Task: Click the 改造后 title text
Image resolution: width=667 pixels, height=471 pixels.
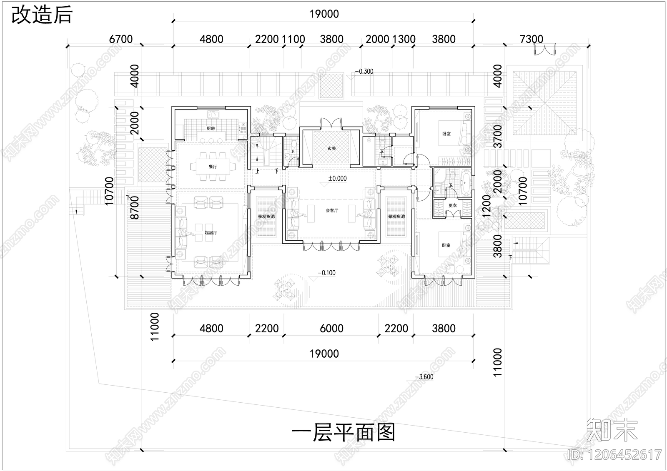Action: [42, 15]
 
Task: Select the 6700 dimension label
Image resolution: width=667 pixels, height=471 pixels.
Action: [120, 39]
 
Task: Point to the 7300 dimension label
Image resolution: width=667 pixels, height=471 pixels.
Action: [532, 39]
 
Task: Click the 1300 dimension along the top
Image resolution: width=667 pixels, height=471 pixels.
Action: [404, 39]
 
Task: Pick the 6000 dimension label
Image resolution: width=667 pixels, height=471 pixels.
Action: [331, 329]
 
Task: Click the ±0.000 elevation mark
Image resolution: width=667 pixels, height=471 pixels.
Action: [337, 178]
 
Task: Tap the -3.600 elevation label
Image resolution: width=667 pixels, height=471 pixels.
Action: [424, 377]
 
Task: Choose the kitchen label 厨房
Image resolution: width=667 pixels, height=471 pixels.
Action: [211, 129]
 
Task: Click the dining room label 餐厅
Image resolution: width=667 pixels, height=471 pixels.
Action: [213, 167]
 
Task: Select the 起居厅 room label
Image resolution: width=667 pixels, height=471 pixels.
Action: [211, 233]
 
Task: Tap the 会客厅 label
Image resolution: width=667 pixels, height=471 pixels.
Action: [332, 211]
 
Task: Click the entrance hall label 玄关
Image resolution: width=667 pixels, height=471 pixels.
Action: [331, 148]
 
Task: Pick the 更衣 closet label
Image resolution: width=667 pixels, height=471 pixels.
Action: [452, 206]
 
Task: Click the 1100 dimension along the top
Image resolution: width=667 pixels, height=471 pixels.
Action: [293, 39]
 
